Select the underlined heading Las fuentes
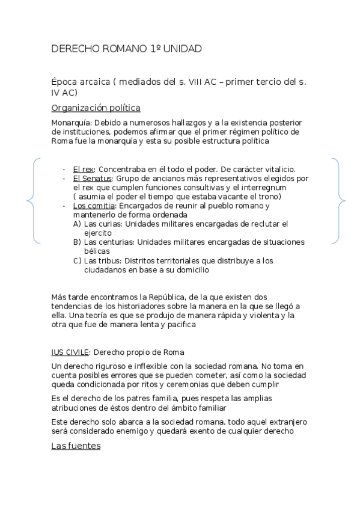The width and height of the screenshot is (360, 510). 76,446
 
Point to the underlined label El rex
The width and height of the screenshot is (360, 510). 83,170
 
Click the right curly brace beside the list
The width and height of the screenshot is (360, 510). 340,200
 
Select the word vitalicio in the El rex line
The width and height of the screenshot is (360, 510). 277,170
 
